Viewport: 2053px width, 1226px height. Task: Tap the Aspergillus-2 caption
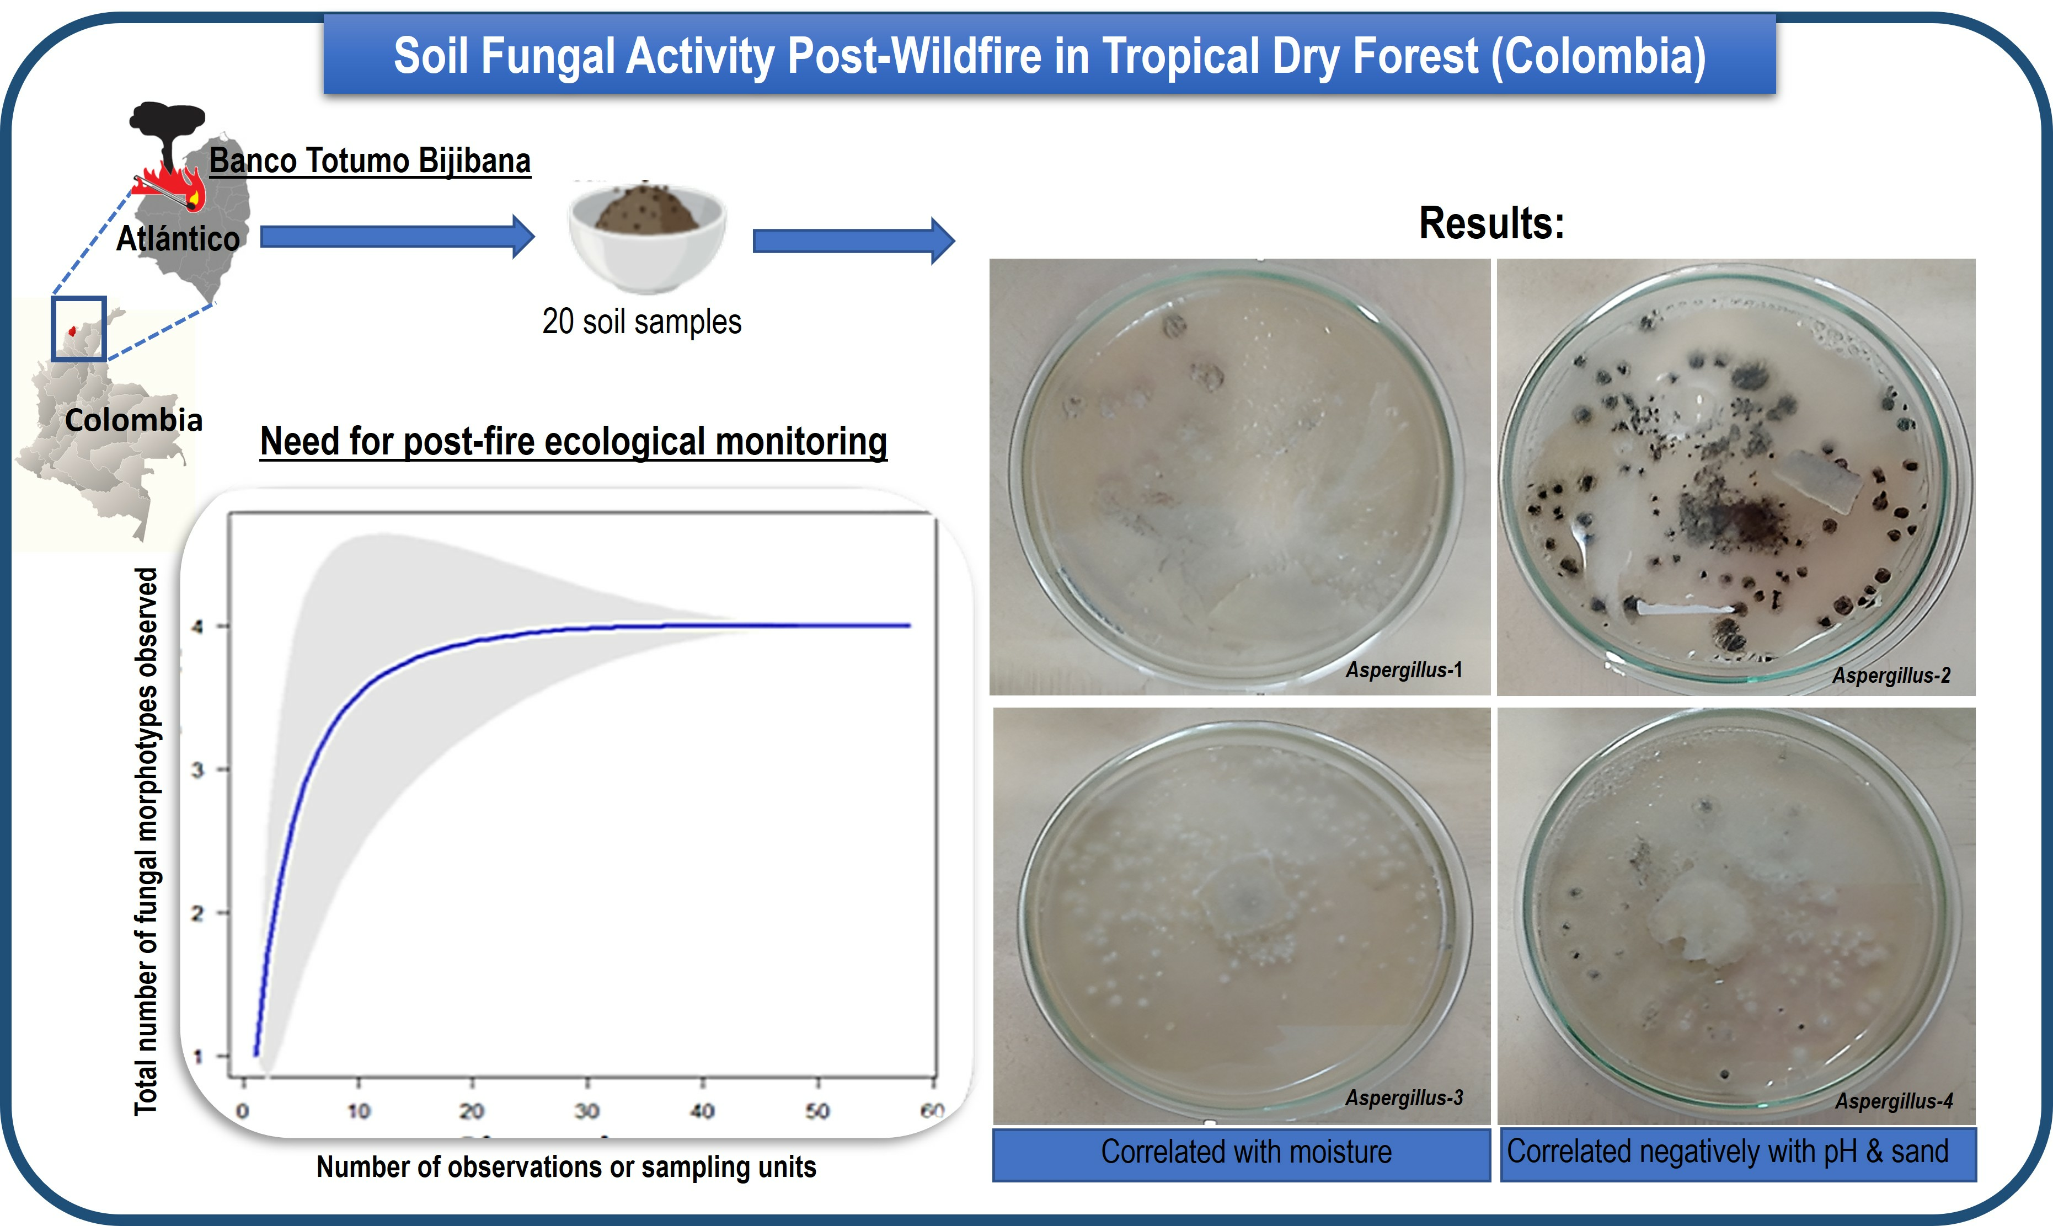click(1891, 675)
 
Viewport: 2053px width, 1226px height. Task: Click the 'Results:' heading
click(1491, 223)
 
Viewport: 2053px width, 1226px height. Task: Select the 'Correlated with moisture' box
click(1242, 1153)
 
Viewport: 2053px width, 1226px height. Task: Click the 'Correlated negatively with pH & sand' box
click(1737, 1153)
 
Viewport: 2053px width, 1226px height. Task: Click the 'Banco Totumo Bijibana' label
click(370, 160)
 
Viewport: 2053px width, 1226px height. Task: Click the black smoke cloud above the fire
click(168, 128)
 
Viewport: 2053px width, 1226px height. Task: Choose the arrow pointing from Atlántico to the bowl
click(397, 237)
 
